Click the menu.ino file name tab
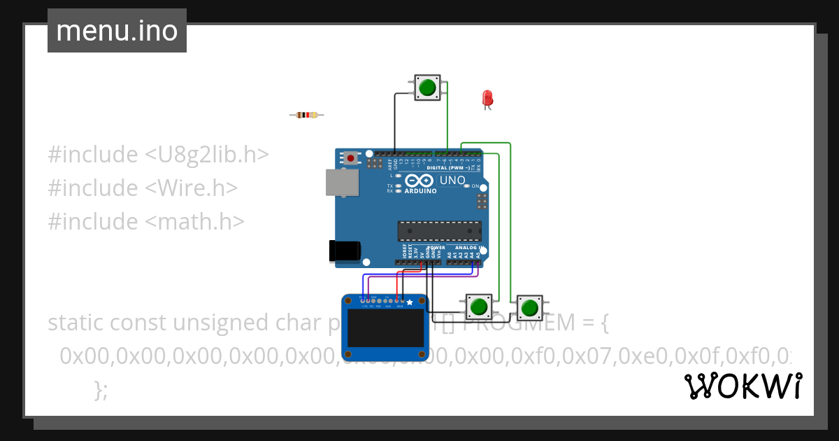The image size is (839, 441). tap(117, 31)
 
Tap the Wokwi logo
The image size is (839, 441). tap(743, 386)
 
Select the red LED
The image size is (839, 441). tap(487, 98)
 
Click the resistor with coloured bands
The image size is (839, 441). tap(306, 115)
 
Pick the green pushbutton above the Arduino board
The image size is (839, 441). tap(427, 87)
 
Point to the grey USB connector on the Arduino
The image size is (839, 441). tap(343, 183)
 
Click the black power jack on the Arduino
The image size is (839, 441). tap(345, 251)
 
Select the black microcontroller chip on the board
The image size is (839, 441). tap(439, 231)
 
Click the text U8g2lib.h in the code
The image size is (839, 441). tap(207, 154)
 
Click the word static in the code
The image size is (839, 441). tap(77, 323)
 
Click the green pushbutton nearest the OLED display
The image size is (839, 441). tap(479, 307)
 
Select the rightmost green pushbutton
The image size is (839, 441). tap(529, 307)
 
